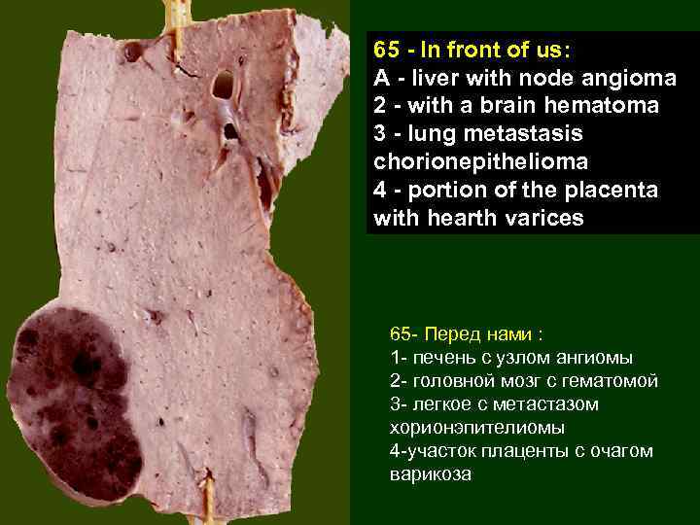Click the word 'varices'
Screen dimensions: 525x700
coord(546,218)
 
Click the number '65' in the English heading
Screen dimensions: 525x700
coord(387,49)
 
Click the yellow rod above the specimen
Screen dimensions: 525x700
coord(176,14)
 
